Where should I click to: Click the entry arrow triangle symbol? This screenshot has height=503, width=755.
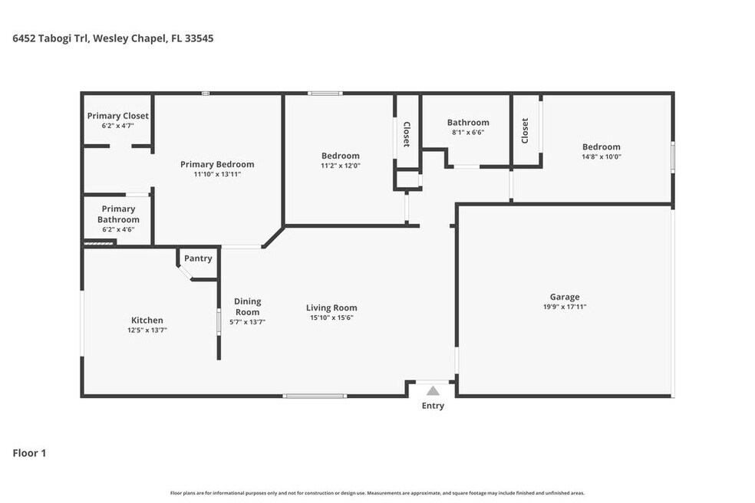(x=433, y=390)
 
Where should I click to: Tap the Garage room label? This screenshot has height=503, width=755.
(x=565, y=297)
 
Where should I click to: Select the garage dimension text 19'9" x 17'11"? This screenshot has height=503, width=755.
(x=565, y=307)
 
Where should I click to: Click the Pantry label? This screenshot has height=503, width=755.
(x=198, y=258)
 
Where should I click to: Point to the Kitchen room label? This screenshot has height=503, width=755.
(x=147, y=320)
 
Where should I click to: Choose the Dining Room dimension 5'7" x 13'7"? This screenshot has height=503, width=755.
(x=247, y=322)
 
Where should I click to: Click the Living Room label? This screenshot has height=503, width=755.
(x=331, y=307)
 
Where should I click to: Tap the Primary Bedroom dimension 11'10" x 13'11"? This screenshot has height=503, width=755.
(x=217, y=174)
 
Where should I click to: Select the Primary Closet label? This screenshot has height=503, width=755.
(x=118, y=116)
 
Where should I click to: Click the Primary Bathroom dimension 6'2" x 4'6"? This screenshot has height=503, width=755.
(x=118, y=229)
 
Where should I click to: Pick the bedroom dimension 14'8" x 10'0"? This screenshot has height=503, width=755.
(x=602, y=156)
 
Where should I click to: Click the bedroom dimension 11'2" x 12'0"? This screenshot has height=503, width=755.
(x=341, y=166)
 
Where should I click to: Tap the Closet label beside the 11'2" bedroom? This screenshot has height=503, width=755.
(x=407, y=134)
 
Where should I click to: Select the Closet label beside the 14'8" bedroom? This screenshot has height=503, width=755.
(x=525, y=130)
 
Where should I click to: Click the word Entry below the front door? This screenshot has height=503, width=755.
(x=433, y=406)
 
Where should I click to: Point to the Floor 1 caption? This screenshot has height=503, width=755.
(x=29, y=453)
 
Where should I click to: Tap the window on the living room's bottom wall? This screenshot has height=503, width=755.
(x=315, y=396)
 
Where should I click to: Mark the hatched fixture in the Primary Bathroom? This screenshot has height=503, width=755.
(x=99, y=244)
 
